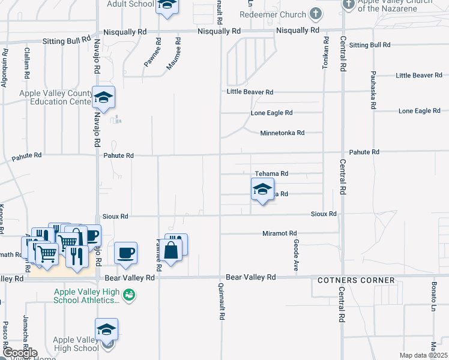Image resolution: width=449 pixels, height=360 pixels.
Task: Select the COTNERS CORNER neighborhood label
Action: pyautogui.click(x=356, y=280)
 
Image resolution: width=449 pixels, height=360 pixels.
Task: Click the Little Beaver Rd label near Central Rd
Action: pyautogui.click(x=418, y=75)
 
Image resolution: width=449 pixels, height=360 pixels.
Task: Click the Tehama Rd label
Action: pyautogui.click(x=271, y=173)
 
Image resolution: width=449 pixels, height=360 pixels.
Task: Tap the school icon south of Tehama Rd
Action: pyautogui.click(x=262, y=189)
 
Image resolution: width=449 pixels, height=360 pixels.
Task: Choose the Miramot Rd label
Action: pyautogui.click(x=280, y=233)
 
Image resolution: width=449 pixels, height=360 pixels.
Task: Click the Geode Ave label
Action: pyautogui.click(x=297, y=255)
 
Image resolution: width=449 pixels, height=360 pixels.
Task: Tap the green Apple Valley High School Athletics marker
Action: pyautogui.click(x=128, y=295)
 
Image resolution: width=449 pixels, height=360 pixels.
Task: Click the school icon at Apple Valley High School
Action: pyautogui.click(x=106, y=329)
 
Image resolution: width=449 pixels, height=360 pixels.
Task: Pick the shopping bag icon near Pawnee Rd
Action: pyautogui.click(x=170, y=250)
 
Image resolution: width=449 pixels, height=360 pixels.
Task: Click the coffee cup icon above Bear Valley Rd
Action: pyautogui.click(x=125, y=253)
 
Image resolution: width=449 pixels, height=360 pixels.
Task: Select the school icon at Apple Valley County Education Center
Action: pyautogui.click(x=104, y=98)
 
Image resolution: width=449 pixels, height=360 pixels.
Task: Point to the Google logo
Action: pyautogui.click(x=20, y=353)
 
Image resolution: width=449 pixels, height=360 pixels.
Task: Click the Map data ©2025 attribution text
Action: pyautogui.click(x=423, y=355)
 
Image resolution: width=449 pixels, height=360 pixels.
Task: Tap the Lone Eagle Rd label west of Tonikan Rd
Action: pyautogui.click(x=271, y=113)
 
